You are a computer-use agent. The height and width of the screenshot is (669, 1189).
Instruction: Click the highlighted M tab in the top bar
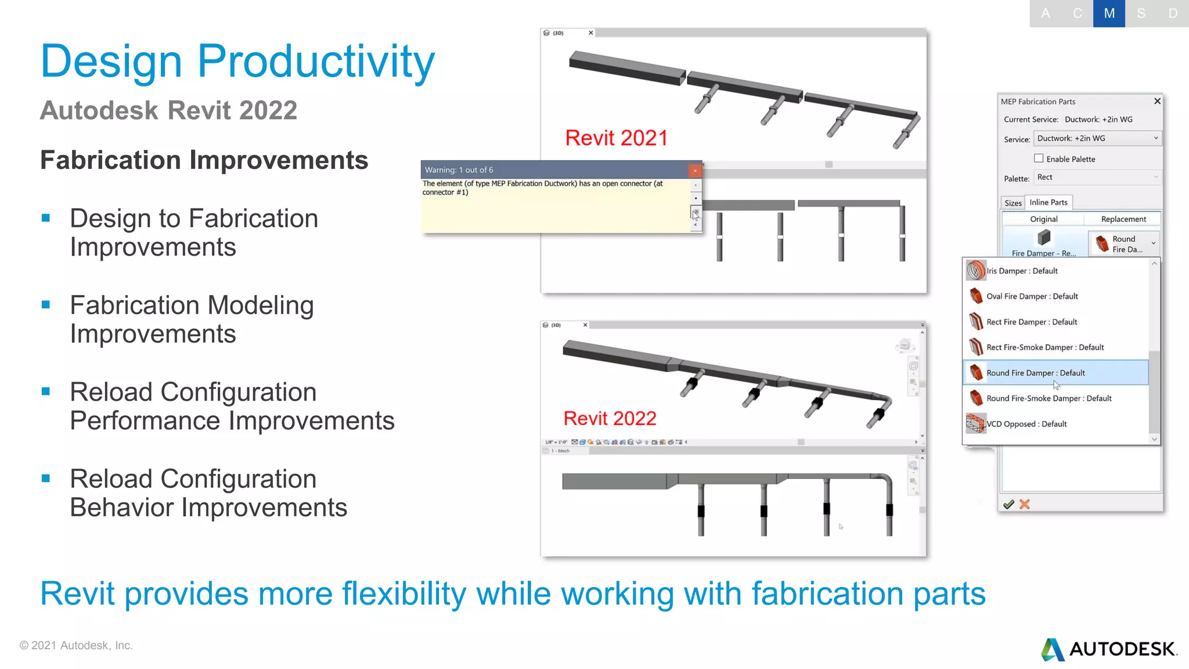pos(1109,13)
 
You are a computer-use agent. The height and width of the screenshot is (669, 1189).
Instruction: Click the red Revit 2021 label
pos(616,138)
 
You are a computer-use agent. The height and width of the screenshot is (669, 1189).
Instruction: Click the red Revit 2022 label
pos(610,418)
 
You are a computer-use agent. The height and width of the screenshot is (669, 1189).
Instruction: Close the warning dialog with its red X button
pos(695,170)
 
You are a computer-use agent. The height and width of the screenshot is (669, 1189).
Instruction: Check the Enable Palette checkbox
pos(1039,158)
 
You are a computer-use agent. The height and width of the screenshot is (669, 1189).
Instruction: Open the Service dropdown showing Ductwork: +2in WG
pos(1097,138)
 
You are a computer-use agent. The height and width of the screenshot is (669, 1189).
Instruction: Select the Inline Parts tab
pos(1049,202)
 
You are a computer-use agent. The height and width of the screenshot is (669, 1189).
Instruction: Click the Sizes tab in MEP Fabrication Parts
pos(1013,203)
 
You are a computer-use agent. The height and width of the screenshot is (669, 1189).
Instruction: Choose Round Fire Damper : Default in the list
pos(1035,373)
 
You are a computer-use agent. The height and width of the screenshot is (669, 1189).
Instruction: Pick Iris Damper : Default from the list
pos(1022,271)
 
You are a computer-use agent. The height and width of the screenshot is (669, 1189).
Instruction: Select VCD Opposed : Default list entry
pos(1026,424)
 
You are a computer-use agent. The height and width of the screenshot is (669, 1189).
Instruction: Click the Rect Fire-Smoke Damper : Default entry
pos(1044,347)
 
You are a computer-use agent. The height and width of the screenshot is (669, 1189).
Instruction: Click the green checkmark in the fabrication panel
pos(1008,504)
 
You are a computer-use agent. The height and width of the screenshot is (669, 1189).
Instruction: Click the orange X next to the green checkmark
pos(1025,504)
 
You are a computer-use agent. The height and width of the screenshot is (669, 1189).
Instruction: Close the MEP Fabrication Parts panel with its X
pos(1157,101)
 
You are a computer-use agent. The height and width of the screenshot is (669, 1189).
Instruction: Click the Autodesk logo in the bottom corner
pos(1109,649)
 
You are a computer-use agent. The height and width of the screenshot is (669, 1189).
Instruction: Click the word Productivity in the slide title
pos(316,61)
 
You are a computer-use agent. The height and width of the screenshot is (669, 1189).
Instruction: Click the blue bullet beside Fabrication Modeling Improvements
pos(46,305)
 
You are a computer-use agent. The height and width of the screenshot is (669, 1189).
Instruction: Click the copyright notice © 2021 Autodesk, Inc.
pos(76,645)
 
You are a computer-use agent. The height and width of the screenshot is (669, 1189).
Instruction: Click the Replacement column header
pos(1123,219)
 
